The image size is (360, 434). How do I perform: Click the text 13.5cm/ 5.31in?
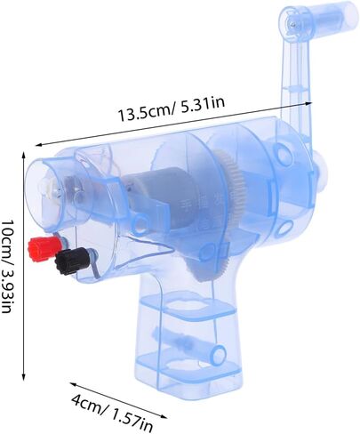coord(172,109)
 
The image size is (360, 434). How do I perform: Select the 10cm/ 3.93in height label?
coord(8,266)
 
